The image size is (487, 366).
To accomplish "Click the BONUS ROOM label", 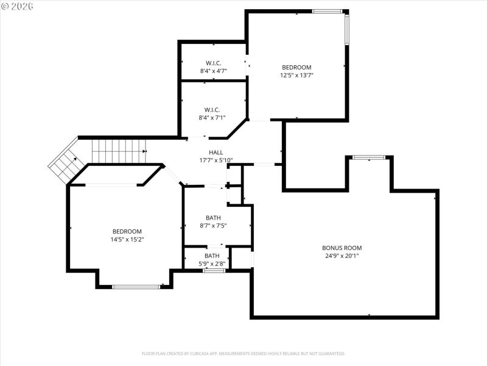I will click(342, 248).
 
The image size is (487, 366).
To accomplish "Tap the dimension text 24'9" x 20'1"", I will click(342, 256).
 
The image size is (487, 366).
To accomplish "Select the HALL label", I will click(216, 152).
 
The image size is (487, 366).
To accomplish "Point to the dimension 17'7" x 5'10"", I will click(216, 161).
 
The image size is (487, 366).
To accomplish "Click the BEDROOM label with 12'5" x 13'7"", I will click(296, 67).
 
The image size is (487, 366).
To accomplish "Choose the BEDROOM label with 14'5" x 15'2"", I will click(127, 231).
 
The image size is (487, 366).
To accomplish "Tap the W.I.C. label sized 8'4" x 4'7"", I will click(213, 63).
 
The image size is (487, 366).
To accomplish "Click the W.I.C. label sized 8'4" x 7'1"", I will click(212, 110).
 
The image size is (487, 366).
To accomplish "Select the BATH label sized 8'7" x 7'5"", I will click(213, 217).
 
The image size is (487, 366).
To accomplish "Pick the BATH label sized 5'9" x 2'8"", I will click(212, 256).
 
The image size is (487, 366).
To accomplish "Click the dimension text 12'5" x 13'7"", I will click(296, 76).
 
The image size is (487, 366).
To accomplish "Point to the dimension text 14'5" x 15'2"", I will click(127, 240).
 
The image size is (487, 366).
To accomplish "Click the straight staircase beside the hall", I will click(119, 146).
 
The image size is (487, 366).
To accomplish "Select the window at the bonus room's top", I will click(369, 157).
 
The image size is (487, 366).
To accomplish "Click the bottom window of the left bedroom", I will click(136, 286).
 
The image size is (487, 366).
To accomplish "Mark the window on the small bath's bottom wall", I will click(214, 270).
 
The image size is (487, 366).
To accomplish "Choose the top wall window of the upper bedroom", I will click(327, 11).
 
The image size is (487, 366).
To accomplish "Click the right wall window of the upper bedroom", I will click(346, 29).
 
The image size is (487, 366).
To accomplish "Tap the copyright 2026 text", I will click(18, 5).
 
